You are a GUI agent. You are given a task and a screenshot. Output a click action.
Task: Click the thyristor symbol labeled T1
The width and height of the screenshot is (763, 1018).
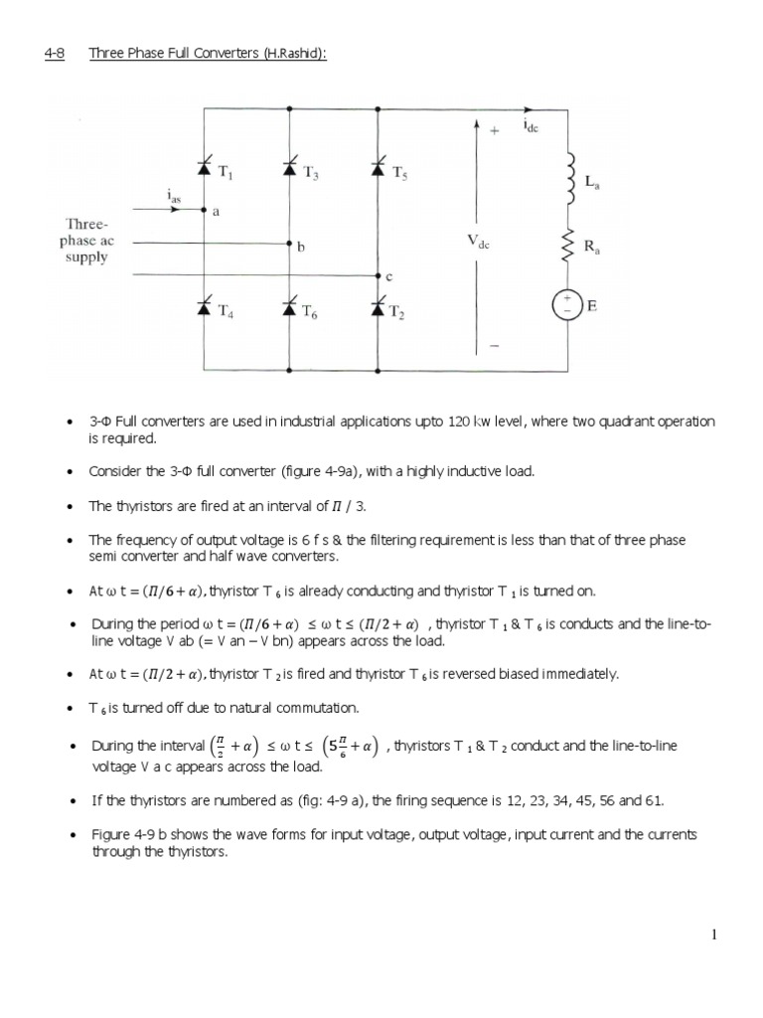coord(206,170)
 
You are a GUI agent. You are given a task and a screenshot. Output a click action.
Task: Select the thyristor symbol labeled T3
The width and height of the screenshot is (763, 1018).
coord(289,170)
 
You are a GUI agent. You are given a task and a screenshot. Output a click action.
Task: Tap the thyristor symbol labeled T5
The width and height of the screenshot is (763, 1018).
coord(378,170)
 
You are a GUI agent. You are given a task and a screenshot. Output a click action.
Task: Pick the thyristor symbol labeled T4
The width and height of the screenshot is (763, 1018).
coord(206,309)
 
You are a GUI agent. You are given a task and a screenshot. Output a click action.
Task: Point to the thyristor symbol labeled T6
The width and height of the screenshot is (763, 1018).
coord(289,309)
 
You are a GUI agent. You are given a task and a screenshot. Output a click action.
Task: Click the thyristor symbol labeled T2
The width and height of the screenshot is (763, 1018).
coord(378,309)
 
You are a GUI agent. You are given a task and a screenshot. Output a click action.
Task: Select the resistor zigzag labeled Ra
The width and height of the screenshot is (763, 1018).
coord(570,245)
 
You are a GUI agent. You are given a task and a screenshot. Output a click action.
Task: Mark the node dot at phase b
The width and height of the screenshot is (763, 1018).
coord(289,243)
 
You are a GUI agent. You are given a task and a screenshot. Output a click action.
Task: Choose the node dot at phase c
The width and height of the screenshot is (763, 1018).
coord(378,275)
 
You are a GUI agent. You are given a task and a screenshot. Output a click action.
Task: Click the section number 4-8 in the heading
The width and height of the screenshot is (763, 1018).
coord(54,53)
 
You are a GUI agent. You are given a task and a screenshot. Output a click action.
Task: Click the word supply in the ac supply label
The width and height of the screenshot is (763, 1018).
coord(87,257)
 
